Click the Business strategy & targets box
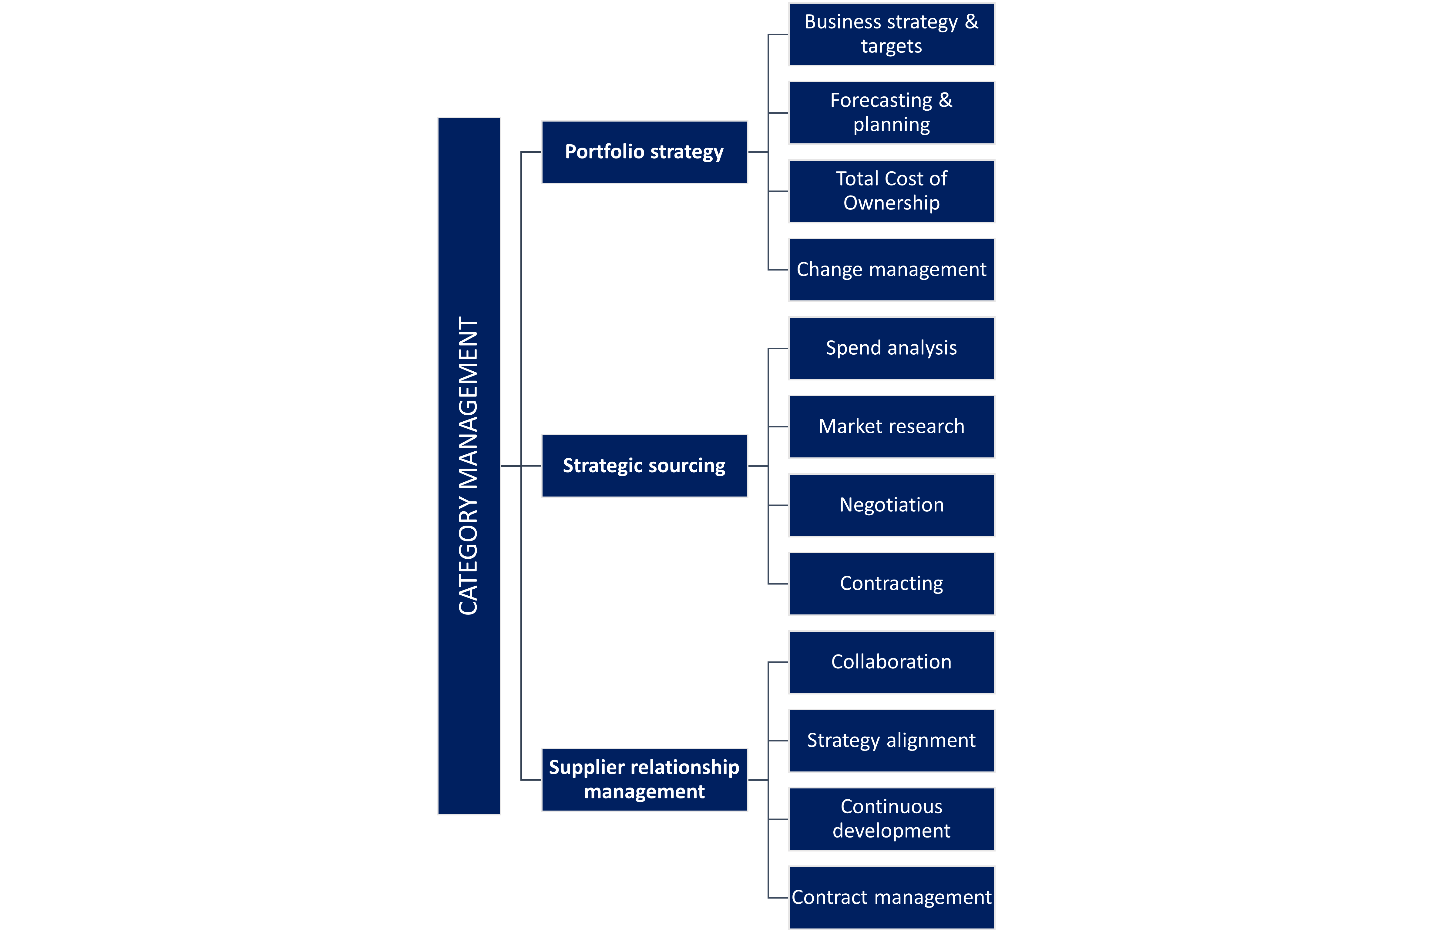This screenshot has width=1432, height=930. [x=891, y=34]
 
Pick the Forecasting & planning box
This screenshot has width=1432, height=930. [x=891, y=112]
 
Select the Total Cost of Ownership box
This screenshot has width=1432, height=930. [x=891, y=191]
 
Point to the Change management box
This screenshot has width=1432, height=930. [x=891, y=269]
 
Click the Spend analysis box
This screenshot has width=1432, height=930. [x=891, y=348]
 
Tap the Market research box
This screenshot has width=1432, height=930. [x=891, y=427]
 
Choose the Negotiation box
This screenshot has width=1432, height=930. [x=891, y=505]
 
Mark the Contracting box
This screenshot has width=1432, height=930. [x=891, y=584]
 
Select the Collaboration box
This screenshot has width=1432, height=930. [x=891, y=662]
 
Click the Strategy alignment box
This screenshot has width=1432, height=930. [x=891, y=741]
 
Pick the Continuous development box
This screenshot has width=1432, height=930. [x=891, y=819]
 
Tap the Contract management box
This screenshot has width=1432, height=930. [x=891, y=898]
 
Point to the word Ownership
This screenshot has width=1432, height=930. [x=891, y=203]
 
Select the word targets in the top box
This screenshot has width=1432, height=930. [x=891, y=46]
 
